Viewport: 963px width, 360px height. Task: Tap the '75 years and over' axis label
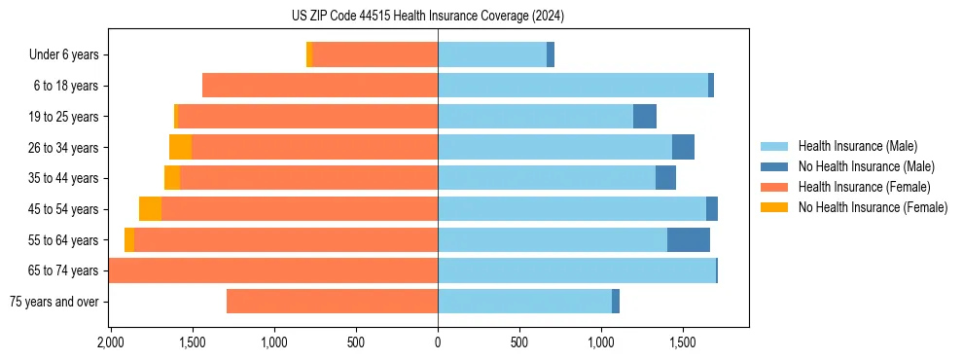point(53,302)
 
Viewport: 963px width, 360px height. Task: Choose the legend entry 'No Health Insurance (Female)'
point(873,207)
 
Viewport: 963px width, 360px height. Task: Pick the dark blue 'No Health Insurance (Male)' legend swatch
point(773,166)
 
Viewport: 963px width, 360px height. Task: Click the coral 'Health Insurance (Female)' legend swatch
point(773,187)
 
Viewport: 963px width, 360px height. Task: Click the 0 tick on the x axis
point(438,342)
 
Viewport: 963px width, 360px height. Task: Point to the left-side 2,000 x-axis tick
point(110,342)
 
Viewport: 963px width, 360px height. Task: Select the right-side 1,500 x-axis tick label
point(683,342)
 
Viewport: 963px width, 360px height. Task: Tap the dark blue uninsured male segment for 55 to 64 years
point(689,239)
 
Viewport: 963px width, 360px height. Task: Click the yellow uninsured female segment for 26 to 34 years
point(180,147)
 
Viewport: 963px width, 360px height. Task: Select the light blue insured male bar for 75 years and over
point(524,302)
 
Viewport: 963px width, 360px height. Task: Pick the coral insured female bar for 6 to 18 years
point(320,86)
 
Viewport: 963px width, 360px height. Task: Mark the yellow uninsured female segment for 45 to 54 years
point(150,209)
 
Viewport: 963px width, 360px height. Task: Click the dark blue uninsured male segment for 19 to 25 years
point(645,117)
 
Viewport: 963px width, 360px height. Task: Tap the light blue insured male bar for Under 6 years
point(492,55)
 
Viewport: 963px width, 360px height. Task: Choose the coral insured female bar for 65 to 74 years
point(273,270)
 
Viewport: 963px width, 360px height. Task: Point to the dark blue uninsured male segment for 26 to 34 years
point(683,147)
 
